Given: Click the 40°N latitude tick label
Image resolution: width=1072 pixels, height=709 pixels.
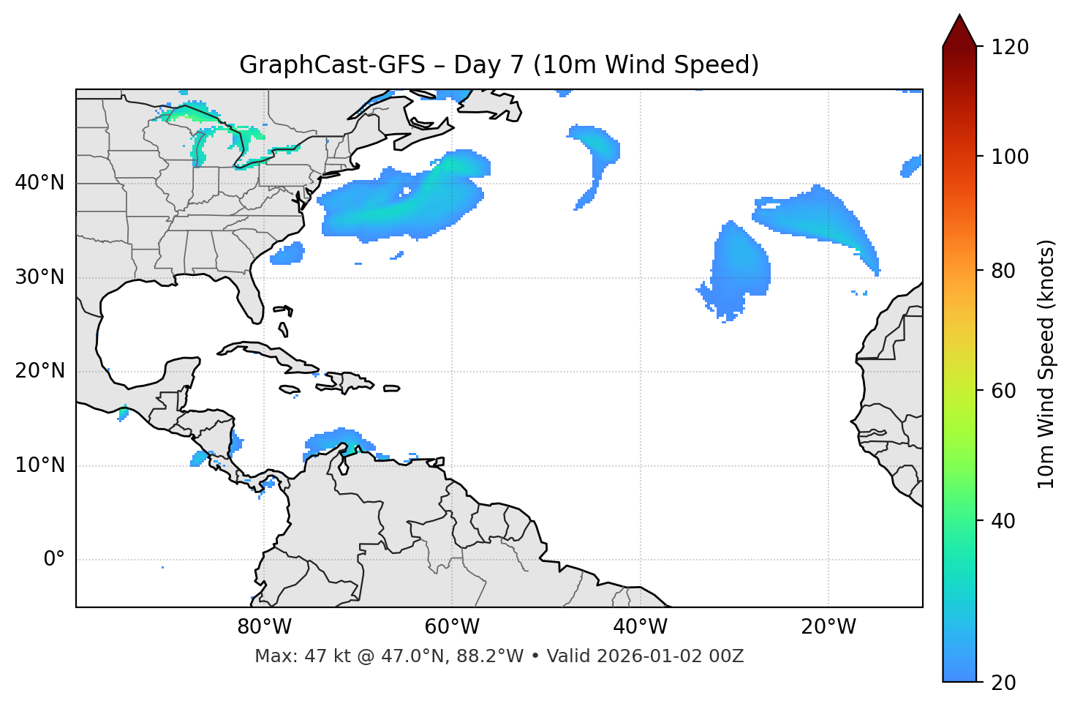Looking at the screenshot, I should pos(39,183).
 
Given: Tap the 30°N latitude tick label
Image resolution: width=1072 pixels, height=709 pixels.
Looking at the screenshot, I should pos(39,277).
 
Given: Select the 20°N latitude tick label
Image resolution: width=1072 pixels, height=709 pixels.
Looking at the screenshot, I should pos(39,371).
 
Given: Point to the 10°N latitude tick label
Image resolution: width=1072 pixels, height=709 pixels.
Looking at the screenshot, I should pos(39,465).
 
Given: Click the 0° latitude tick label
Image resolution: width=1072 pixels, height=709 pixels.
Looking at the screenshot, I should pos(54,560).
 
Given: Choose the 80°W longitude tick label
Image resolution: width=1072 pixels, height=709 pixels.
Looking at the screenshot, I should pos(264,627).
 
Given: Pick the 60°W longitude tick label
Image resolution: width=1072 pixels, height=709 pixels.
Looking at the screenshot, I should pos(452,627).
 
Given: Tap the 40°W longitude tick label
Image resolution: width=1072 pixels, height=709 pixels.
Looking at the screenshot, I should pos(640,627).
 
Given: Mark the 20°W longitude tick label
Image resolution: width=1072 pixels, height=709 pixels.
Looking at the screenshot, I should pos(828,627).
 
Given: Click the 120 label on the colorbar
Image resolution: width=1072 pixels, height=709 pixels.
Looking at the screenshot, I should pos(1010,48).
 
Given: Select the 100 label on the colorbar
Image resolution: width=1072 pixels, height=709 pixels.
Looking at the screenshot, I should pos(1010,157).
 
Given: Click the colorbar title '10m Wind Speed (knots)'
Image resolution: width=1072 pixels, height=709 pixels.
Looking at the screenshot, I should pos(1046,364).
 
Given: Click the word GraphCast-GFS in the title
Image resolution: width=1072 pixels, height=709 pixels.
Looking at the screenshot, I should pos(332,65).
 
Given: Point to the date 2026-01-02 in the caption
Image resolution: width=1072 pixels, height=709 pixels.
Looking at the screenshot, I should pos(642,656).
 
